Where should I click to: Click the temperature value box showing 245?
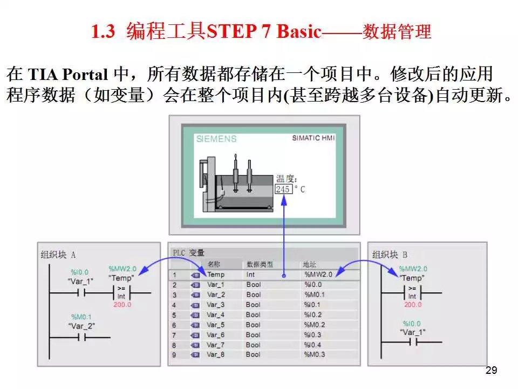[x=283, y=189]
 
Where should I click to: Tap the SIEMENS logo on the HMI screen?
[x=216, y=139]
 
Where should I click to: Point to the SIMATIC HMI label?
[x=313, y=138]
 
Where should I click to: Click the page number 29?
[x=491, y=370]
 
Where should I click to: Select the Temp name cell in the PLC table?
[x=216, y=274]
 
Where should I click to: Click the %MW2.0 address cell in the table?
[x=318, y=274]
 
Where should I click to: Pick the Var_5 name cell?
[x=215, y=325]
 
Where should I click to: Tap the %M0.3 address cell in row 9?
[x=315, y=354]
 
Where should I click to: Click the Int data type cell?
[x=250, y=274]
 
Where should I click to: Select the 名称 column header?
[x=214, y=264]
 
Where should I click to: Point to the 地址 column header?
[x=310, y=264]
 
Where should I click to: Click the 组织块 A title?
[x=58, y=254]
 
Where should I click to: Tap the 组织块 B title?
[x=390, y=254]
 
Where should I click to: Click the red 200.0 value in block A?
[x=122, y=305]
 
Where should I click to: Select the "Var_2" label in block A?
[x=81, y=326]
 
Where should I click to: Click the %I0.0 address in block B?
[x=412, y=324]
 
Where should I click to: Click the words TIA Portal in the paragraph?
[x=68, y=75]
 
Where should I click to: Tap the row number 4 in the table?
[x=174, y=305]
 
